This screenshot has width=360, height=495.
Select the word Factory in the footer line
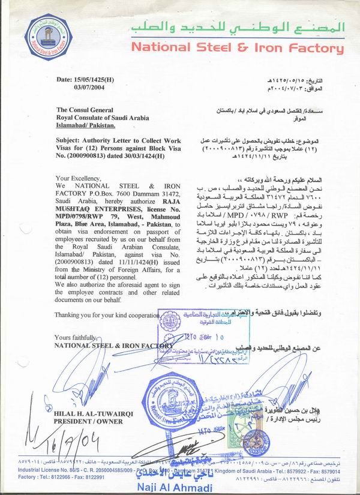[14, 477]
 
